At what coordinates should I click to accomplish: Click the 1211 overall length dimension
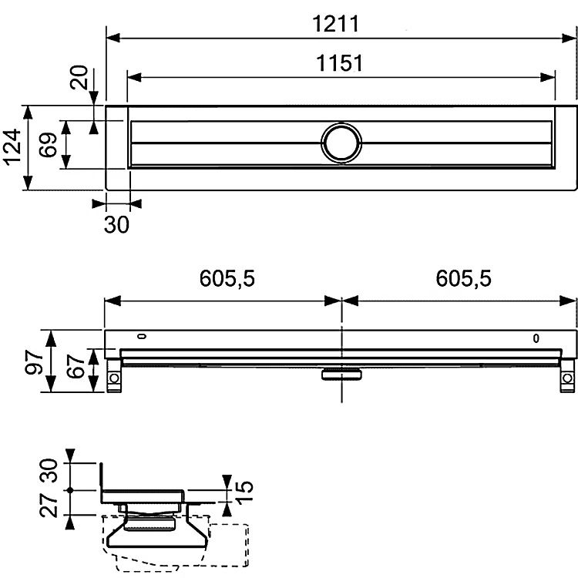(335, 25)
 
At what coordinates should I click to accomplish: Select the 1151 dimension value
(340, 63)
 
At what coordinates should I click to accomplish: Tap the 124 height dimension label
(12, 146)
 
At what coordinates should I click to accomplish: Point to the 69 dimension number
(49, 145)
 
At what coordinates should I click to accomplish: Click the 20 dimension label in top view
(79, 77)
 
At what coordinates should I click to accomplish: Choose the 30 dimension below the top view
(116, 224)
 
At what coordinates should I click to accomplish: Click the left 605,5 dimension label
(227, 278)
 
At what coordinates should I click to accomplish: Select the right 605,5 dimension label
(463, 278)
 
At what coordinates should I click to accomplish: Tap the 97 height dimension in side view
(34, 362)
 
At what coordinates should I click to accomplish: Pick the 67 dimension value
(76, 366)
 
